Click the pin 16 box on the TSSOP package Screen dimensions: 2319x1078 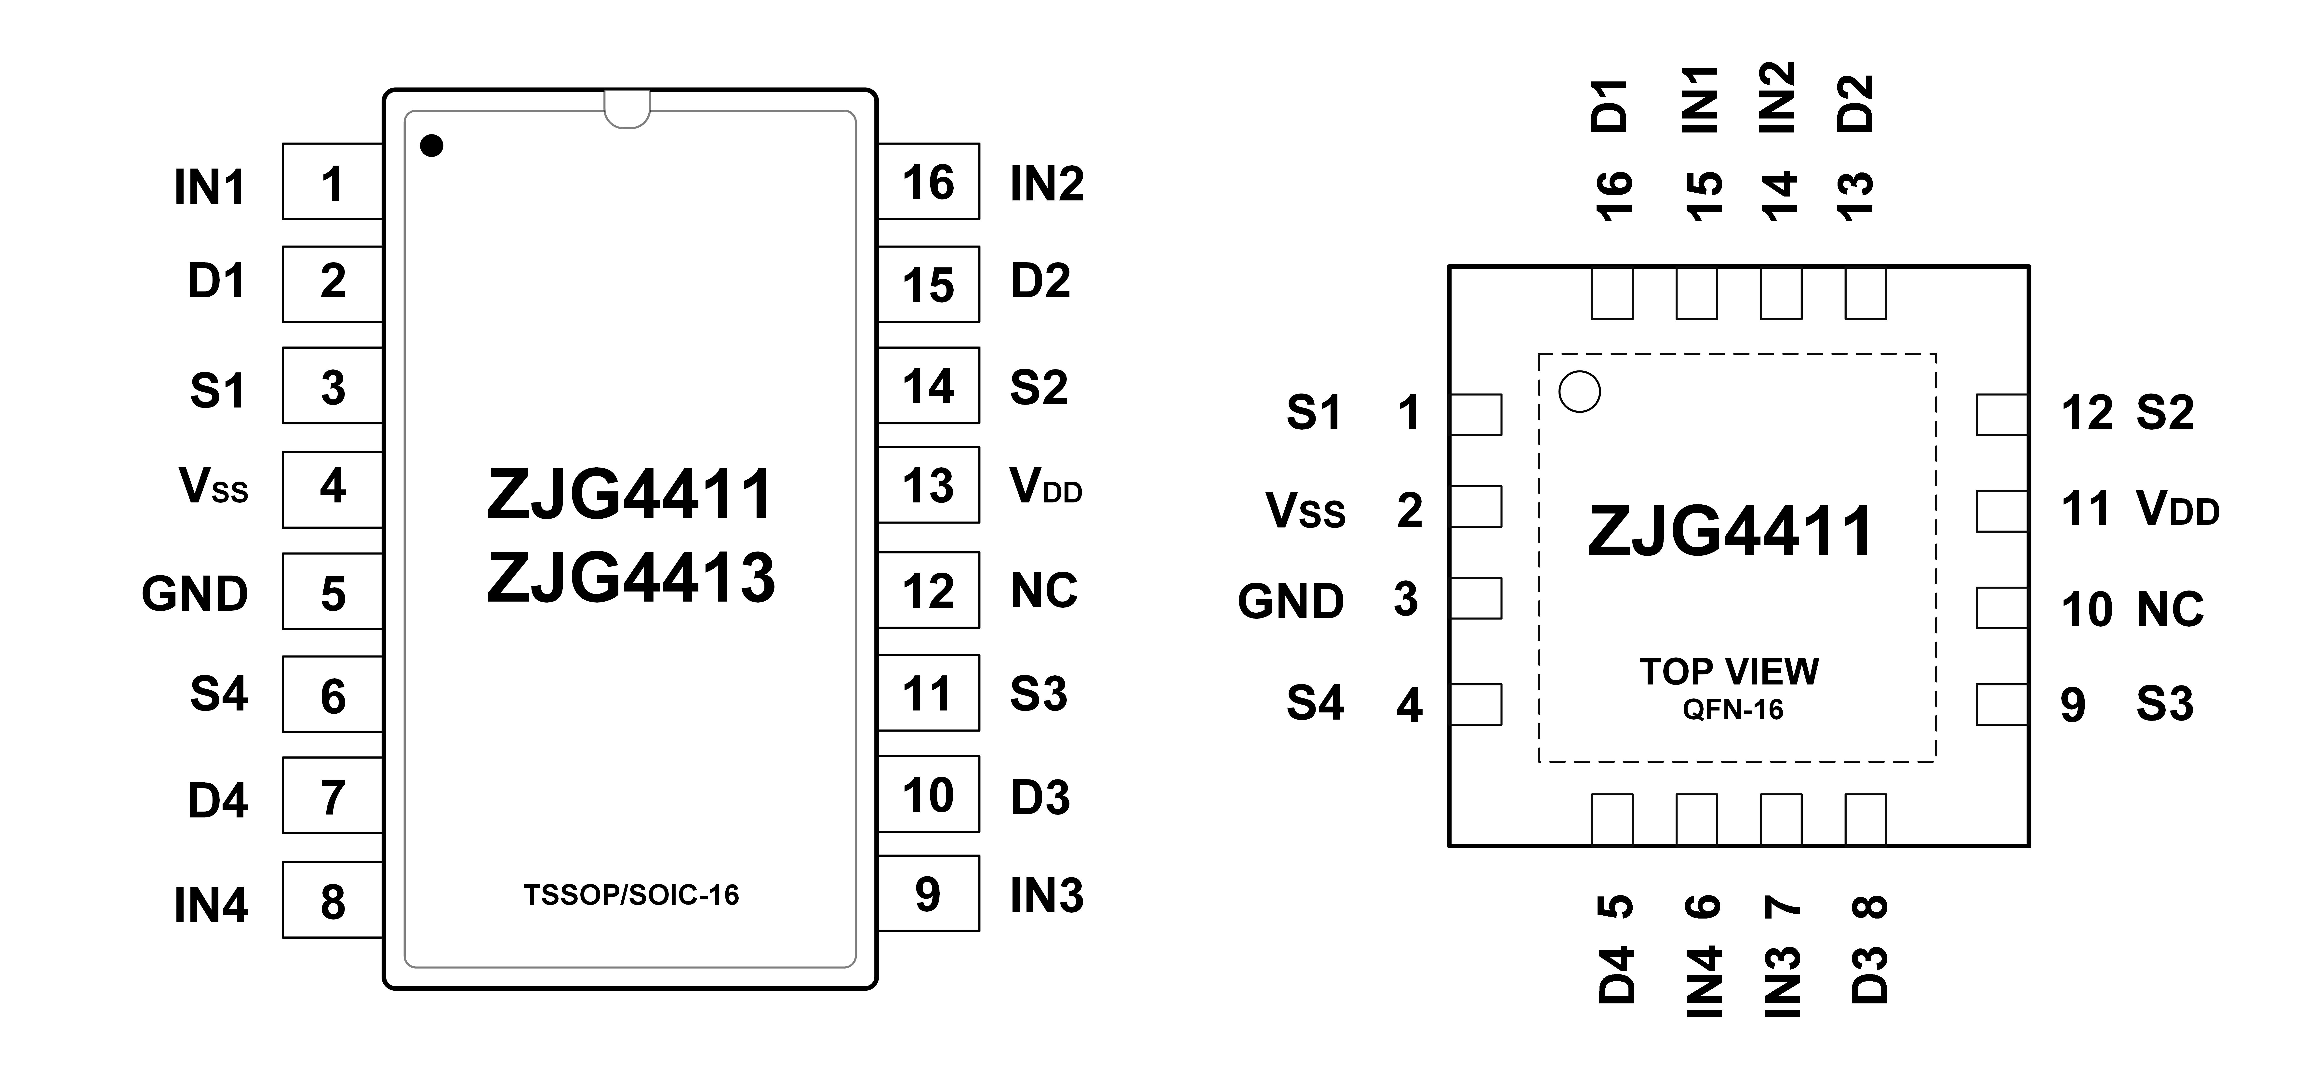click(928, 181)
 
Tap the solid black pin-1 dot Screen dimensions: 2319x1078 click(432, 145)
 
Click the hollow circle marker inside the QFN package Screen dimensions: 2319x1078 click(1579, 392)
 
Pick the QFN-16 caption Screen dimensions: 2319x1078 click(1733, 710)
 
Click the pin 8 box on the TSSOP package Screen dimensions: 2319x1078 click(332, 900)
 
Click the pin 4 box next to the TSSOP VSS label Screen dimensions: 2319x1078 click(332, 489)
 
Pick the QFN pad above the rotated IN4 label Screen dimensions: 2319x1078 click(1696, 820)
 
